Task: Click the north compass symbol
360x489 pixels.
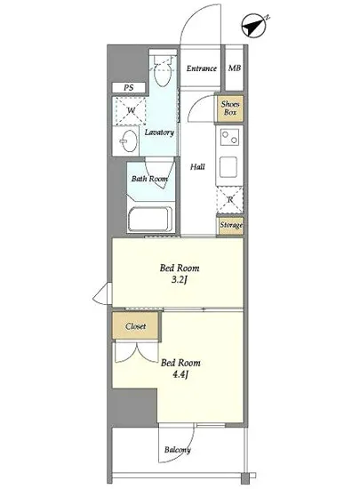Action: pos(255,26)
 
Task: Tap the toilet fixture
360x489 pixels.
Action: pos(163,71)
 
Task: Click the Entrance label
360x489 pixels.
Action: pos(202,68)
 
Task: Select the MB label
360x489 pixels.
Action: pos(235,68)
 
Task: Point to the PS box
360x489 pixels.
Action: pos(129,88)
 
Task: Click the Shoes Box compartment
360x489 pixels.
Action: pos(230,108)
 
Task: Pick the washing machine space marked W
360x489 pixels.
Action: pos(130,111)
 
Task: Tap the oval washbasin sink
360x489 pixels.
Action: pos(128,141)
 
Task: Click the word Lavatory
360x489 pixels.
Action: pos(159,132)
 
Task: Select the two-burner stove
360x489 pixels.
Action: pos(229,138)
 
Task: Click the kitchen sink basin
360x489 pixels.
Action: pos(228,167)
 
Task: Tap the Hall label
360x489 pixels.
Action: pos(197,167)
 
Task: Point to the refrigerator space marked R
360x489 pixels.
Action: pos(230,200)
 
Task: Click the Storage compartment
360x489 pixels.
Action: pos(230,225)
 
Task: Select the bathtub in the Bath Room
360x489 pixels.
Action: pos(150,220)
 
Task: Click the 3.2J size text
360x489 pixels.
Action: pos(180,280)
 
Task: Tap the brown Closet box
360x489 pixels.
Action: pos(136,326)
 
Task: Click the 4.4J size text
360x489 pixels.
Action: pos(180,374)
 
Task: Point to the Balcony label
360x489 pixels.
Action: pos(178,450)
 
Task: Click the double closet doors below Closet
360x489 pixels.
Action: pos(137,352)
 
